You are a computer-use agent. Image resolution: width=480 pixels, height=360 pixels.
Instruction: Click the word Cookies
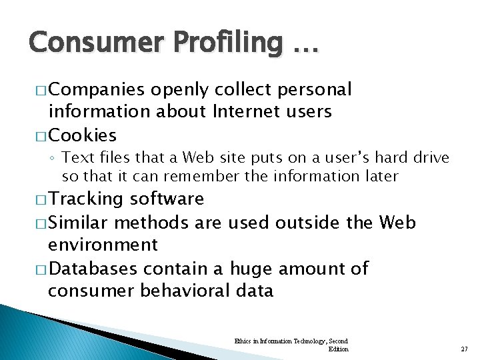pyautogui.click(x=83, y=135)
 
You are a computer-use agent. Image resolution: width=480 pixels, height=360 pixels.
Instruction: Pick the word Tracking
pyautogui.click(x=87, y=199)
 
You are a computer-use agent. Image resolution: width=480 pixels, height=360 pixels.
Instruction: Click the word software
pyautogui.click(x=167, y=199)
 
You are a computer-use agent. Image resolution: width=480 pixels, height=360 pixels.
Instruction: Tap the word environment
pyautogui.click(x=103, y=245)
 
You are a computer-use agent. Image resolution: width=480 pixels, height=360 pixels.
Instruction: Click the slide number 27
pyautogui.click(x=464, y=349)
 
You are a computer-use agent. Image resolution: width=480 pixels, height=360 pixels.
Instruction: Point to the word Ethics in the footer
pyautogui.click(x=242, y=341)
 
